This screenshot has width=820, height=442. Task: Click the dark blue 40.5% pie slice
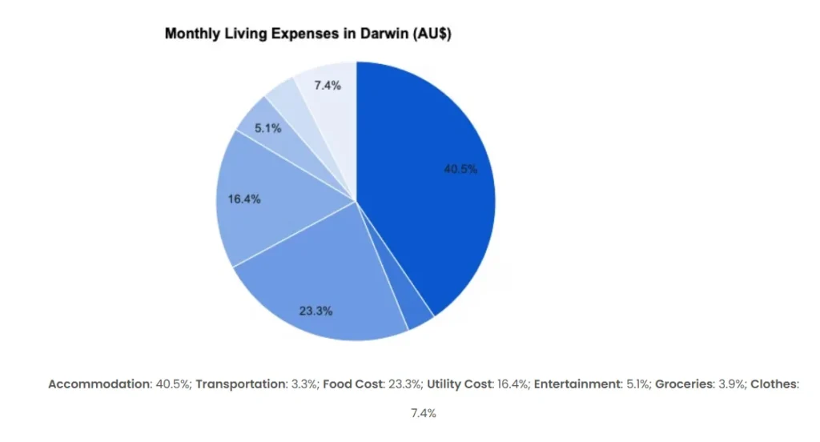[432, 176]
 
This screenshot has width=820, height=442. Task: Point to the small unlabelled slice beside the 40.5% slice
[417, 317]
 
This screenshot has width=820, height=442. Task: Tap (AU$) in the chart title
[425, 34]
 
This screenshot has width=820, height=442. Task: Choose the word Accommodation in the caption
[99, 384]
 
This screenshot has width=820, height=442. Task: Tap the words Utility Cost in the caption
[459, 384]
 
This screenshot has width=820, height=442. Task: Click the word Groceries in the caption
[684, 384]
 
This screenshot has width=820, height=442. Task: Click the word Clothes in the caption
[774, 384]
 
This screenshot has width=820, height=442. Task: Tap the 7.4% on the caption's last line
[424, 413]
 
